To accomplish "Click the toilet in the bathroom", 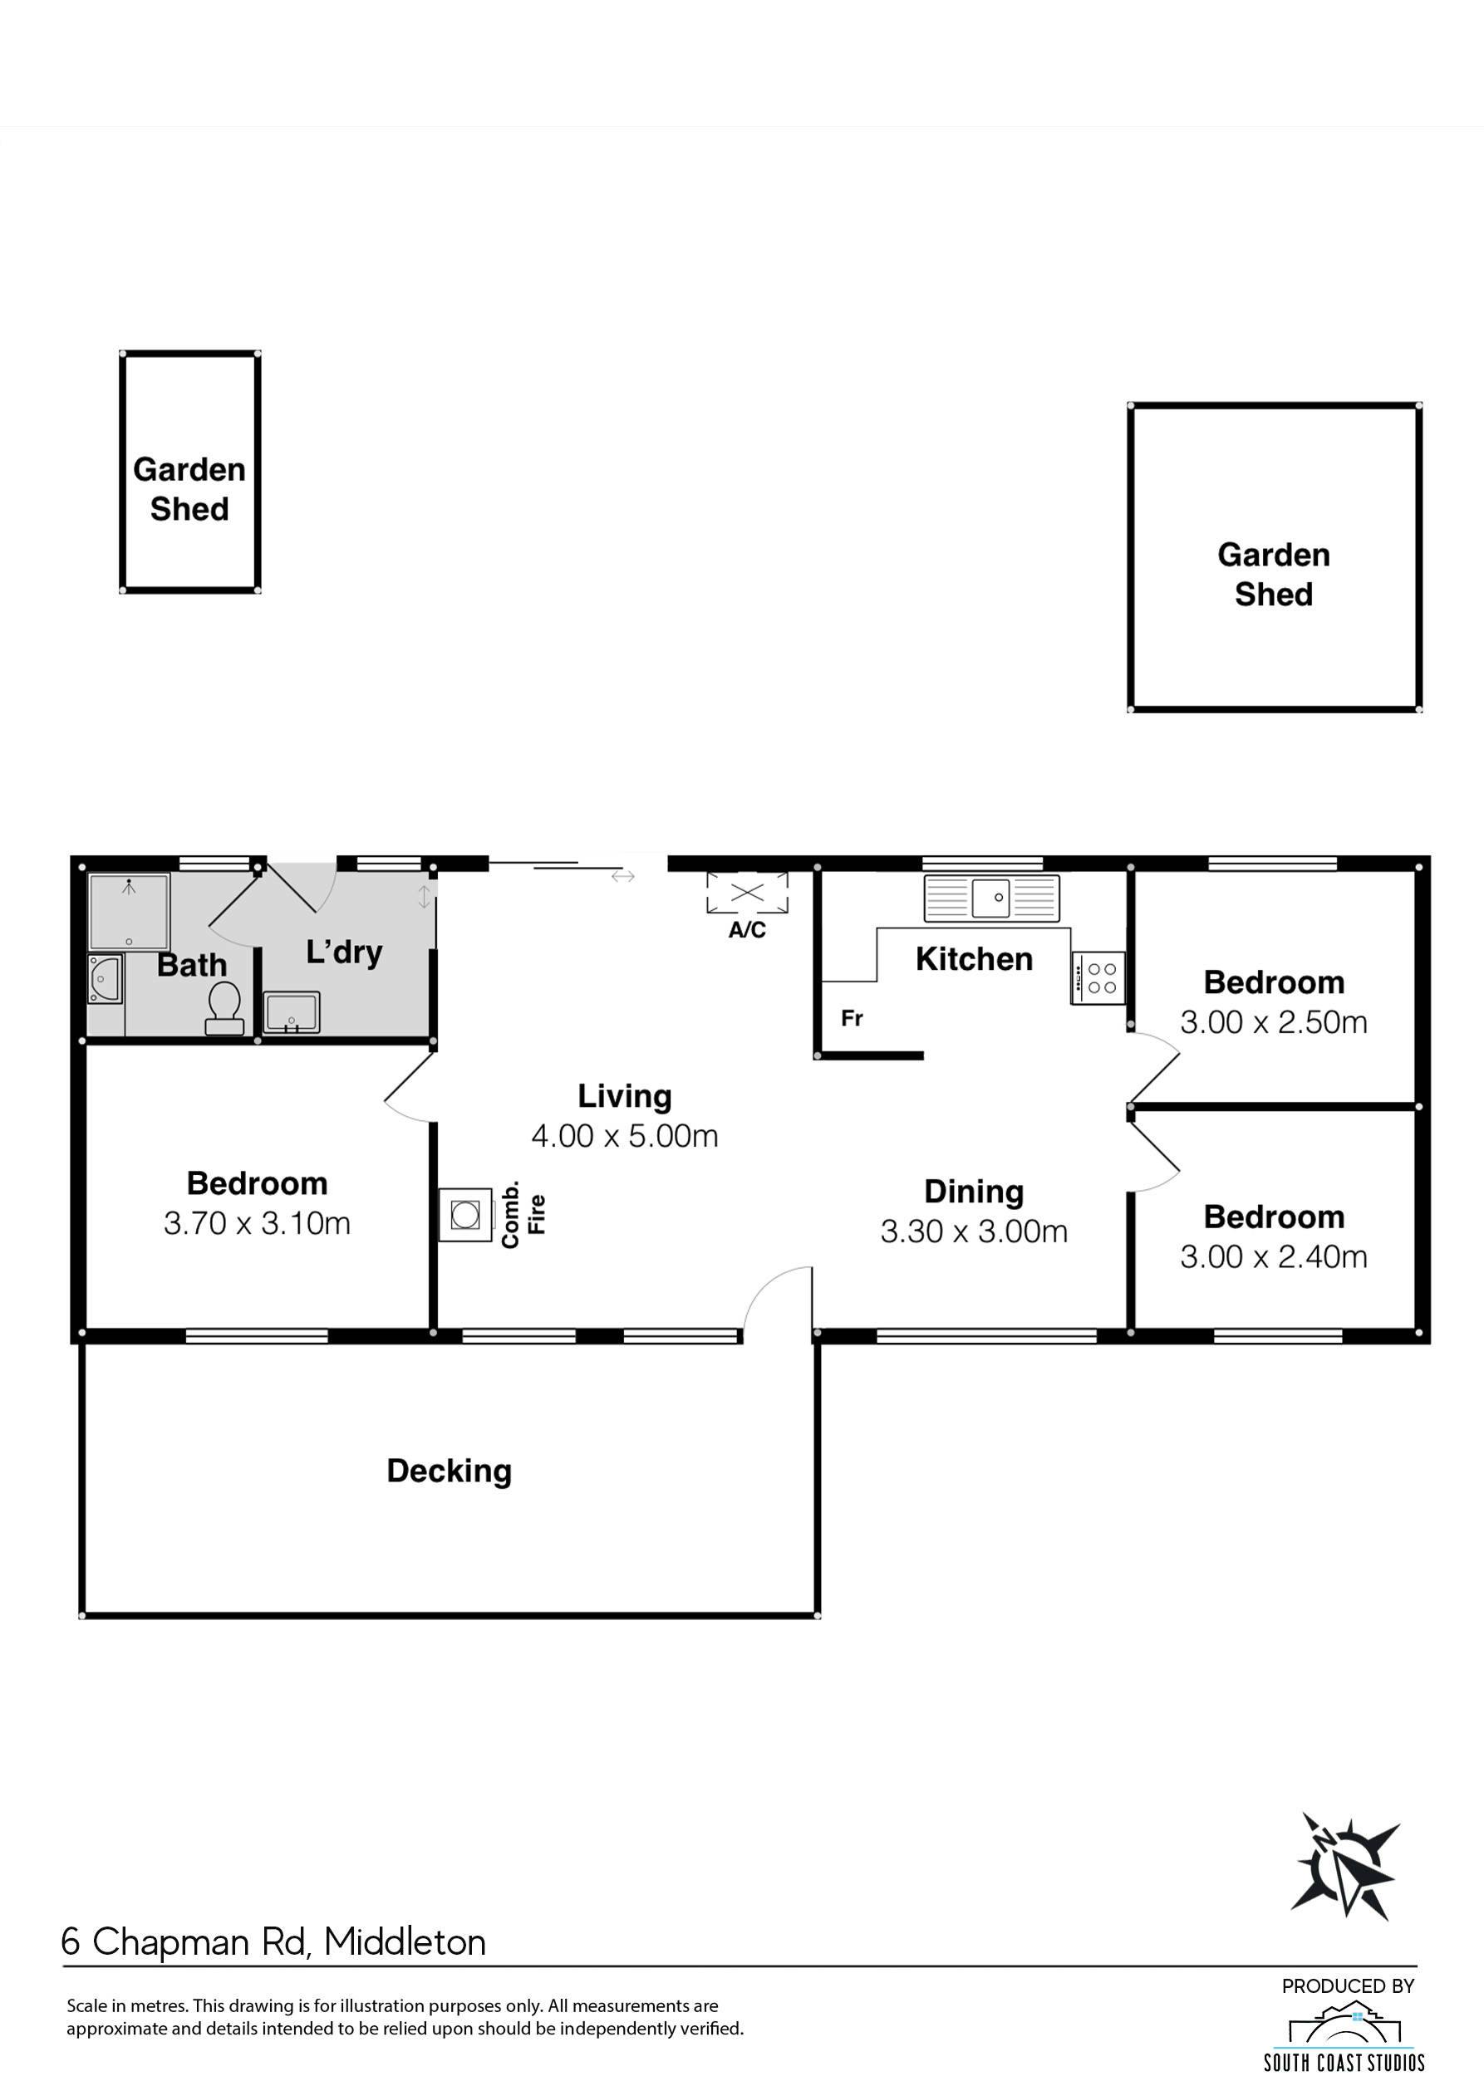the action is coord(224,1008).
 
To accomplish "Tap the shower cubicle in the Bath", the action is coord(129,912).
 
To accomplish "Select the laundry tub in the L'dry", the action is coord(292,1013).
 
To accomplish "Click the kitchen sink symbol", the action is coord(991,898).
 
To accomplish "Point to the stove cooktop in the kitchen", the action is coord(1098,978).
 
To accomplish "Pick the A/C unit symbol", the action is coord(746,893).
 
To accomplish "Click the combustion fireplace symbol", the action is coord(466,1214).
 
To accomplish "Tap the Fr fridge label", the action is coord(852,1017).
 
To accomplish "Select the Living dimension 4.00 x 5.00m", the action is coord(625,1135).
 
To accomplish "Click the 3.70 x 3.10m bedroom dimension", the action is coord(257,1223).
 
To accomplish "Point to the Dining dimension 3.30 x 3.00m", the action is coord(974,1231).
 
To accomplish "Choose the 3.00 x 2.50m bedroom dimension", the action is coord(1274,1022).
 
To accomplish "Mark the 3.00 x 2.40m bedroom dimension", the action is coord(1274,1256).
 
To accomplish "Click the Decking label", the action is coord(449,1471).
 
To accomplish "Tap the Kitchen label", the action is coord(974,959).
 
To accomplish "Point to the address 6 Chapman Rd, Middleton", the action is coord(273,1941).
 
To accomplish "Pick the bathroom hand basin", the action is coord(105,979).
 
